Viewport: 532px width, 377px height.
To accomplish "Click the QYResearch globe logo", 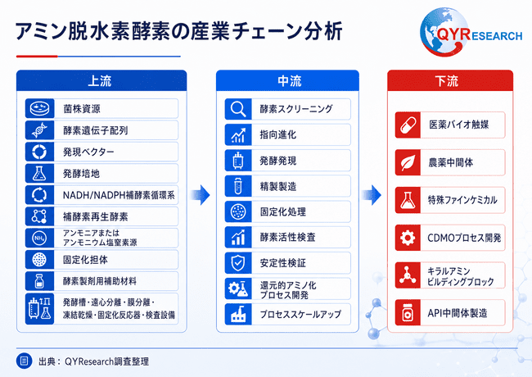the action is tap(444, 32).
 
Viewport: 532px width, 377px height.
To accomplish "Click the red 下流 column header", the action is tap(450, 80).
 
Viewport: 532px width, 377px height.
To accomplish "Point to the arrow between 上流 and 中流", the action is tap(201, 195).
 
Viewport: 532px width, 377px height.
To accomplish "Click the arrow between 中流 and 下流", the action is tap(372, 195).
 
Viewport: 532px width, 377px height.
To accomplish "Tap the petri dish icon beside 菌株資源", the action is tap(40, 109).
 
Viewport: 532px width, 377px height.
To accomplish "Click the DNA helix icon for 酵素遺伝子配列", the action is tap(40, 130).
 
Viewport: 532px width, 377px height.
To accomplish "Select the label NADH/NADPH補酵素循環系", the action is tap(119, 195).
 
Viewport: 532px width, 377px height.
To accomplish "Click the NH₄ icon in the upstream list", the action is tap(40, 238).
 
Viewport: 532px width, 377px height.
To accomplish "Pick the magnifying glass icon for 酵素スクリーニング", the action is tap(238, 109).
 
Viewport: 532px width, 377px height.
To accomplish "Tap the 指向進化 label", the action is tap(278, 135).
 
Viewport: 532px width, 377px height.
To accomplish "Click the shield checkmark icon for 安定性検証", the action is tap(238, 262).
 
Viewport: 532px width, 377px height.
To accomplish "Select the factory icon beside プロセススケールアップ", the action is tap(238, 314).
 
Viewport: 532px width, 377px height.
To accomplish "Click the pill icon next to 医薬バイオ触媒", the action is tap(408, 125).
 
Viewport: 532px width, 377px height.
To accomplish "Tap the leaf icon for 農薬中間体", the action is tap(408, 162).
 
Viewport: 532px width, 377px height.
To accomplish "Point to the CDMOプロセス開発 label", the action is tap(464, 238).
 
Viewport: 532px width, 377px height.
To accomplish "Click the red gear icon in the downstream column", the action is tap(408, 238).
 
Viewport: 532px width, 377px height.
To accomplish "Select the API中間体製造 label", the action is tap(458, 313).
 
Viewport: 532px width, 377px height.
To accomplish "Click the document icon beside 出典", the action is tap(24, 361).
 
